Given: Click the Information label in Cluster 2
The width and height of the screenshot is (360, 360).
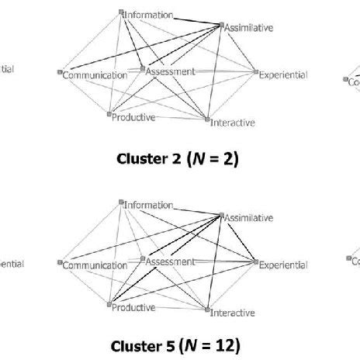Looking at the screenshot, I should click(x=149, y=14).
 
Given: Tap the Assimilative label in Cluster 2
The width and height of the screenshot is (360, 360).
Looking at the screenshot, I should click(x=249, y=27).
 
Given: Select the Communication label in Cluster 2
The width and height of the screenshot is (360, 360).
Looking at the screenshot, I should click(x=95, y=75).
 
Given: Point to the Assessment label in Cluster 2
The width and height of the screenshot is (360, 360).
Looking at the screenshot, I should click(x=171, y=71).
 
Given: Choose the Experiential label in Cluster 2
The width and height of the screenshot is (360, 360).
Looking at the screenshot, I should click(x=284, y=75).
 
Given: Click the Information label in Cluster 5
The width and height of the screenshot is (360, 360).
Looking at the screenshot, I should click(x=149, y=204).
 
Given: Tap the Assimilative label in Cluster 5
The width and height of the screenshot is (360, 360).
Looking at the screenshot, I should click(x=249, y=218).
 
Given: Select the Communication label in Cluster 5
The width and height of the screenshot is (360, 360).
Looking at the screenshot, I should click(x=95, y=265).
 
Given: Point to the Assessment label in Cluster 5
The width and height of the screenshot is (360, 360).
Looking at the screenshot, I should click(x=171, y=261).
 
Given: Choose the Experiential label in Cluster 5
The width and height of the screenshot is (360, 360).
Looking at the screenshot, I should click(x=284, y=265).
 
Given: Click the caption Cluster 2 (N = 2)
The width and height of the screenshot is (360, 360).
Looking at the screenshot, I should click(x=178, y=160).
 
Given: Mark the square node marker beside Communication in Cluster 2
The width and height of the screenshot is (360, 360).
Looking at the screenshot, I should click(x=60, y=74).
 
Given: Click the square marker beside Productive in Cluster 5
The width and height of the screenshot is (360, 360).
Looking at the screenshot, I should click(x=109, y=306).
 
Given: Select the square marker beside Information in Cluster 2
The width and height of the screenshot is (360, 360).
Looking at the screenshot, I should click(x=122, y=12).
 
